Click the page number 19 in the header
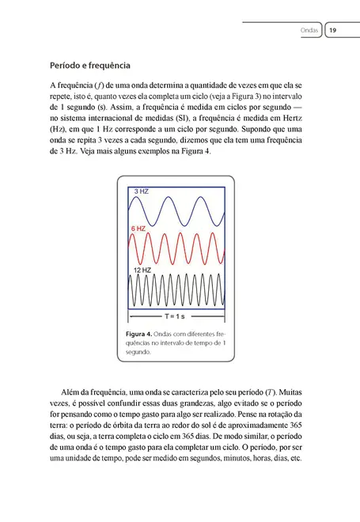click(x=333, y=31)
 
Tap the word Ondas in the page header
click(x=309, y=31)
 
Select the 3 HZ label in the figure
click(x=141, y=191)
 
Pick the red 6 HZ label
click(x=139, y=228)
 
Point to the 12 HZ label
click(x=142, y=270)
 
